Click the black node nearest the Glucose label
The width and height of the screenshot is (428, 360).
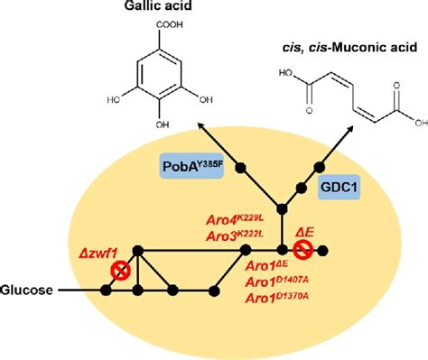pyautogui.click(x=106, y=291)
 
